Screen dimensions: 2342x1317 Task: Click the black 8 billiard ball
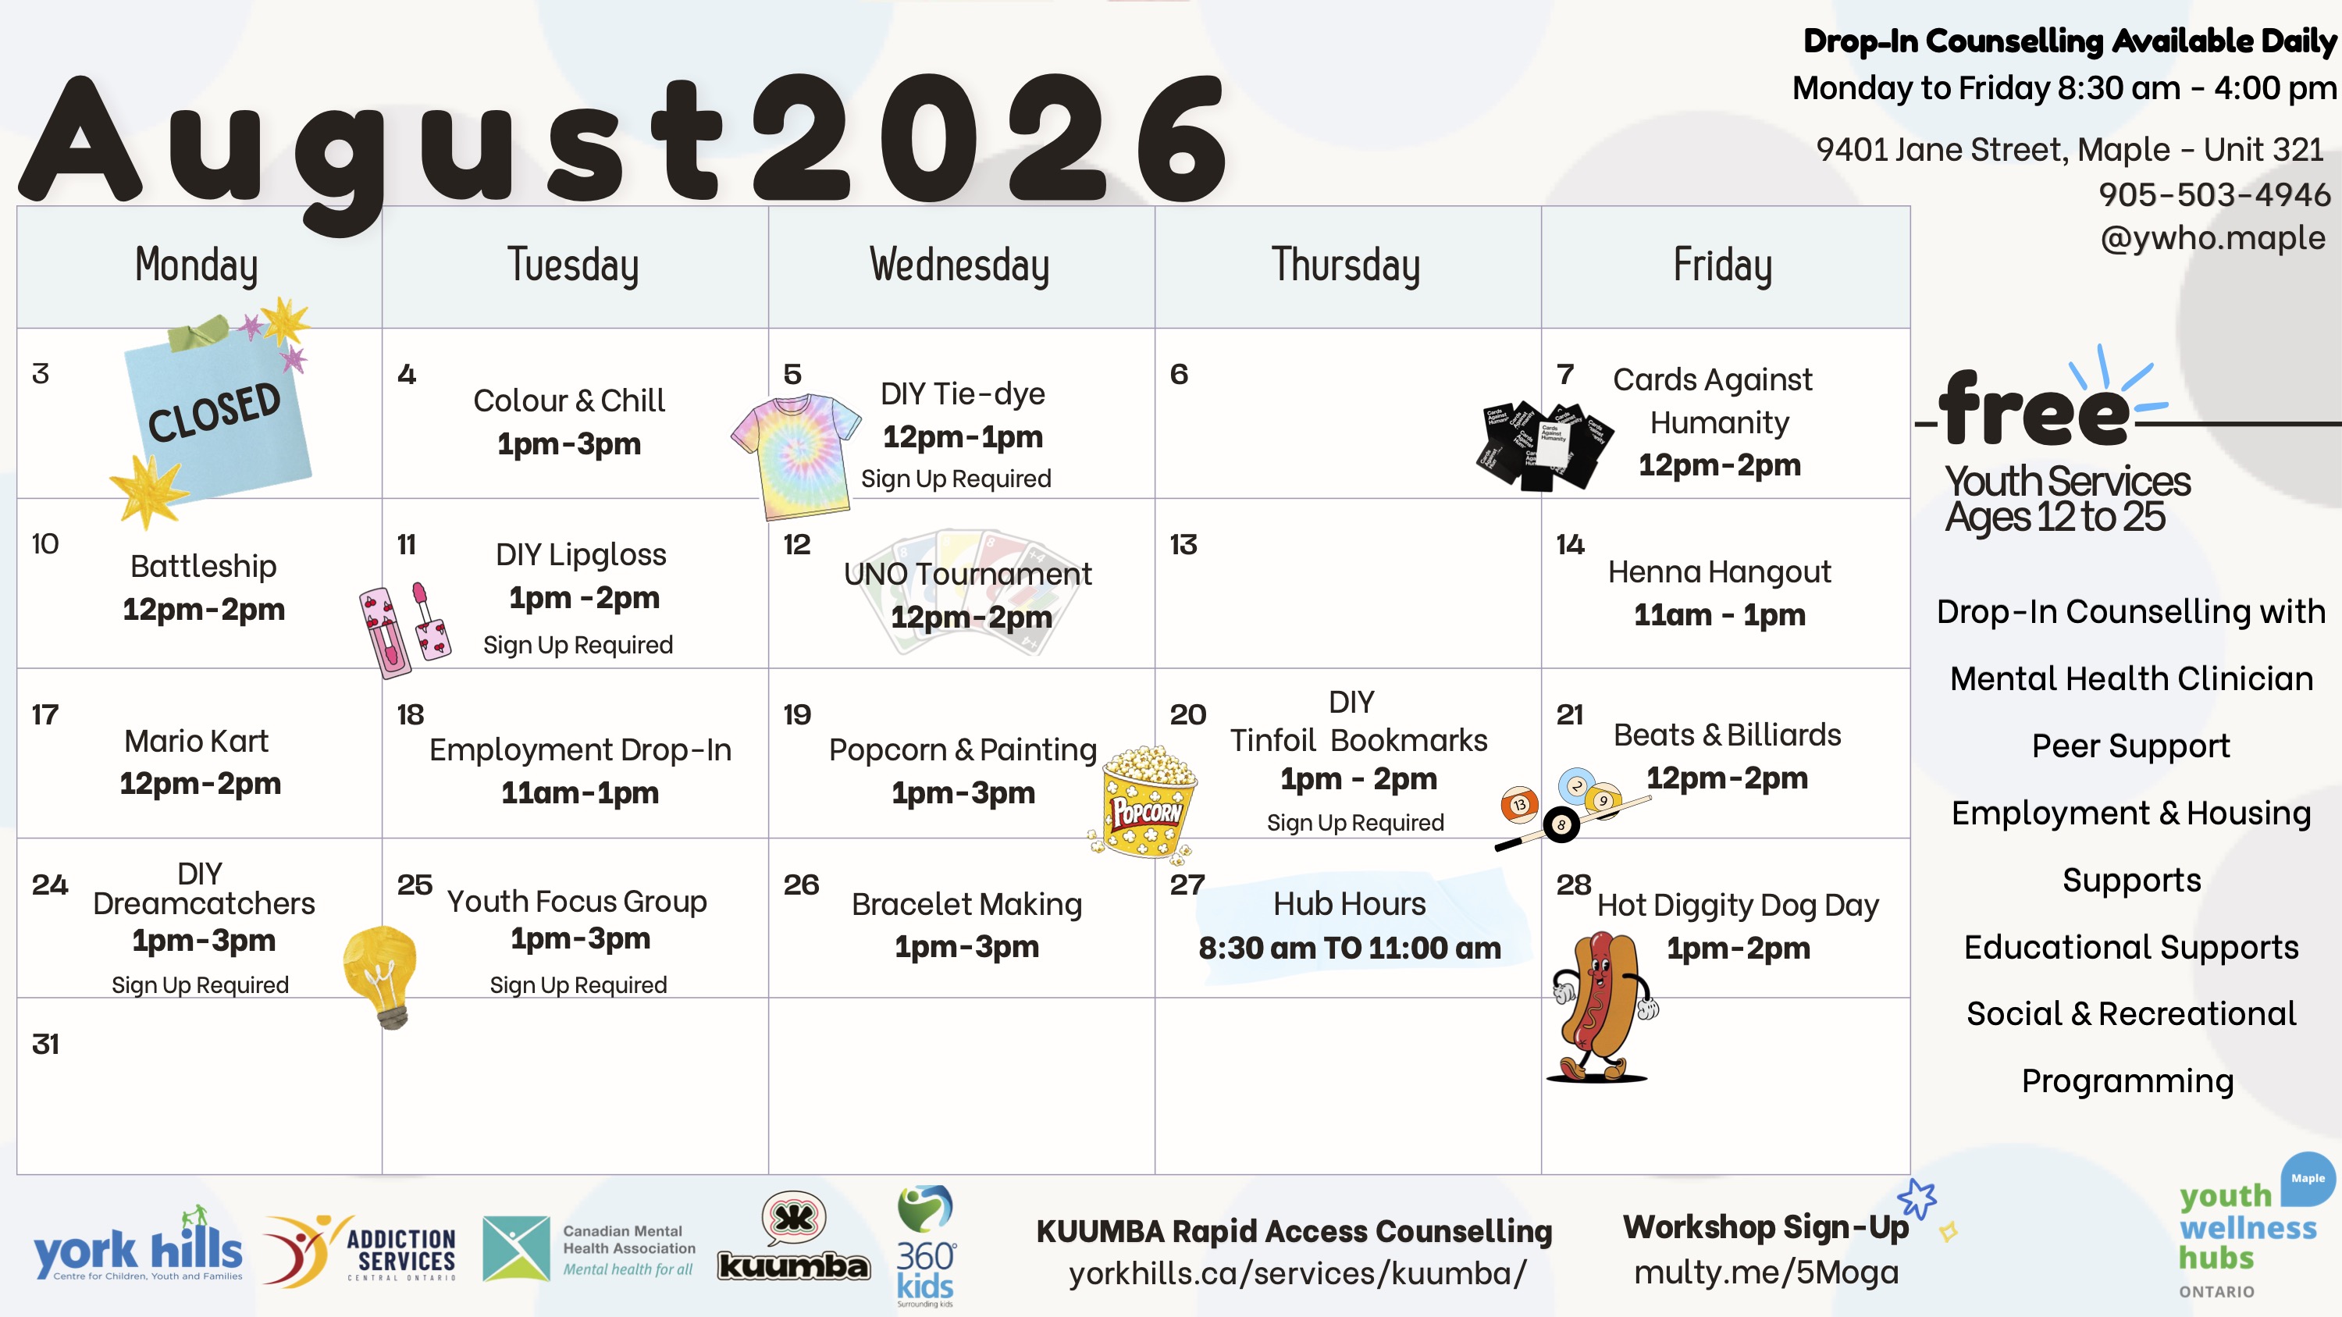tap(1561, 824)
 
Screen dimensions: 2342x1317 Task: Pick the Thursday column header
tap(1346, 265)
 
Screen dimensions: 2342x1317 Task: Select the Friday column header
tap(1723, 265)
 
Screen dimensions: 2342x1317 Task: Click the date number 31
tap(45, 1045)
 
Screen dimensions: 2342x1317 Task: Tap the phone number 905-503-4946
tap(2215, 194)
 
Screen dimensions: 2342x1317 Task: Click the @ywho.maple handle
tap(2213, 238)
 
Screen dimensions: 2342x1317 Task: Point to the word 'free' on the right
tap(2034, 410)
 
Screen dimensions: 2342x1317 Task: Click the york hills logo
tap(138, 1245)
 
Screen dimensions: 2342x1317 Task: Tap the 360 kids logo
tap(926, 1245)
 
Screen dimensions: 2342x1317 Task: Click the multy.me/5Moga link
tap(1767, 1273)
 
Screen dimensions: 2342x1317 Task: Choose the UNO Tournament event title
tap(967, 574)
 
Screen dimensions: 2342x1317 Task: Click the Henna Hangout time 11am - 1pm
tap(1719, 615)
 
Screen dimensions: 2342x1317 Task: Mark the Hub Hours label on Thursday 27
tap(1349, 903)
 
